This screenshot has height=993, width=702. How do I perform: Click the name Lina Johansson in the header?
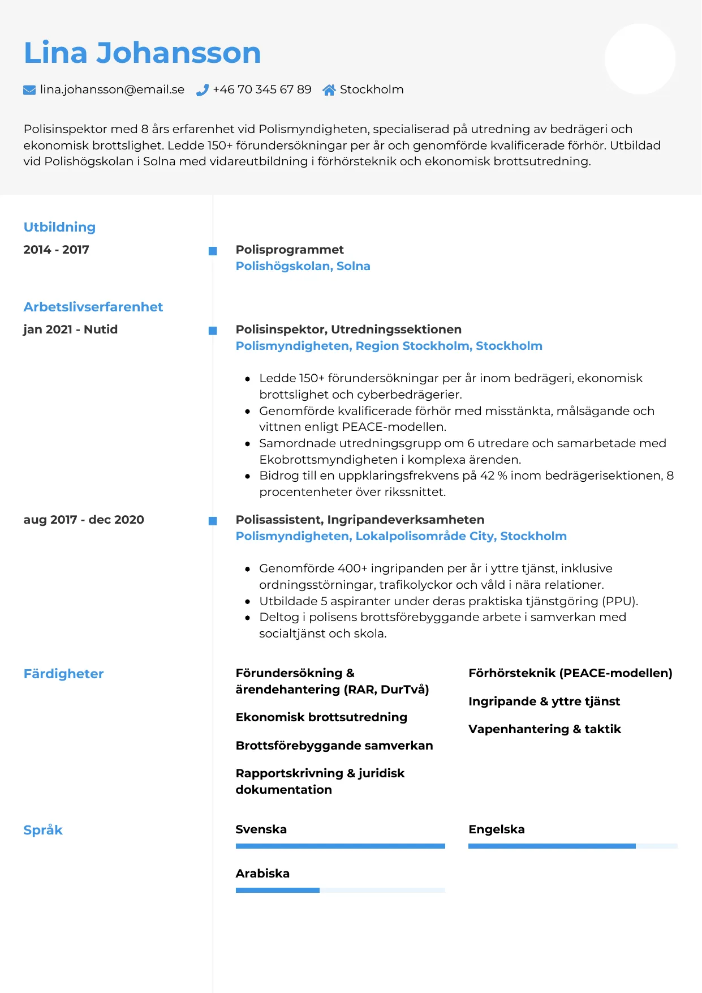coord(142,53)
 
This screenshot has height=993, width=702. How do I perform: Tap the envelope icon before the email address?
coord(29,90)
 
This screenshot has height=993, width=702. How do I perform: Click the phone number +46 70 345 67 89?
coord(262,89)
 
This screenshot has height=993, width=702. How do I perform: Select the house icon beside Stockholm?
coord(329,90)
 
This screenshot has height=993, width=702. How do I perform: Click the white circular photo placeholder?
coord(640,59)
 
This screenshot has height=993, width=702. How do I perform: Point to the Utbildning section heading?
coord(59,227)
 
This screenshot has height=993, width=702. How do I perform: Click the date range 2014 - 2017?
coord(56,250)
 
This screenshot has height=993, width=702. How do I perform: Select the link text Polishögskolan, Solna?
coord(303,266)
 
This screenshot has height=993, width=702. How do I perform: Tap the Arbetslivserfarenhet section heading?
coord(93,307)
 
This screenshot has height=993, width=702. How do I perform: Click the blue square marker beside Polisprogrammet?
coord(213,251)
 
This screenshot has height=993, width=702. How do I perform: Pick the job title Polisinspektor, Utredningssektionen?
coord(348,329)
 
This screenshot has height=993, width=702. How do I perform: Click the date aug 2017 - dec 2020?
coord(84,520)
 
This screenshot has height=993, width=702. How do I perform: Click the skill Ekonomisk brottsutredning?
coord(321,717)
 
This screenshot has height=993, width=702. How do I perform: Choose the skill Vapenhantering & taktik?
coord(544,729)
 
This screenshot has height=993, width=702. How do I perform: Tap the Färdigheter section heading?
coord(63,674)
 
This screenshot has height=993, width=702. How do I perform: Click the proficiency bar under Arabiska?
coord(340,891)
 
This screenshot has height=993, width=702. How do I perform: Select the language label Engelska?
coord(496,829)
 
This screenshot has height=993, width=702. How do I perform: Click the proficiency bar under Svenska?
coord(340,846)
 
